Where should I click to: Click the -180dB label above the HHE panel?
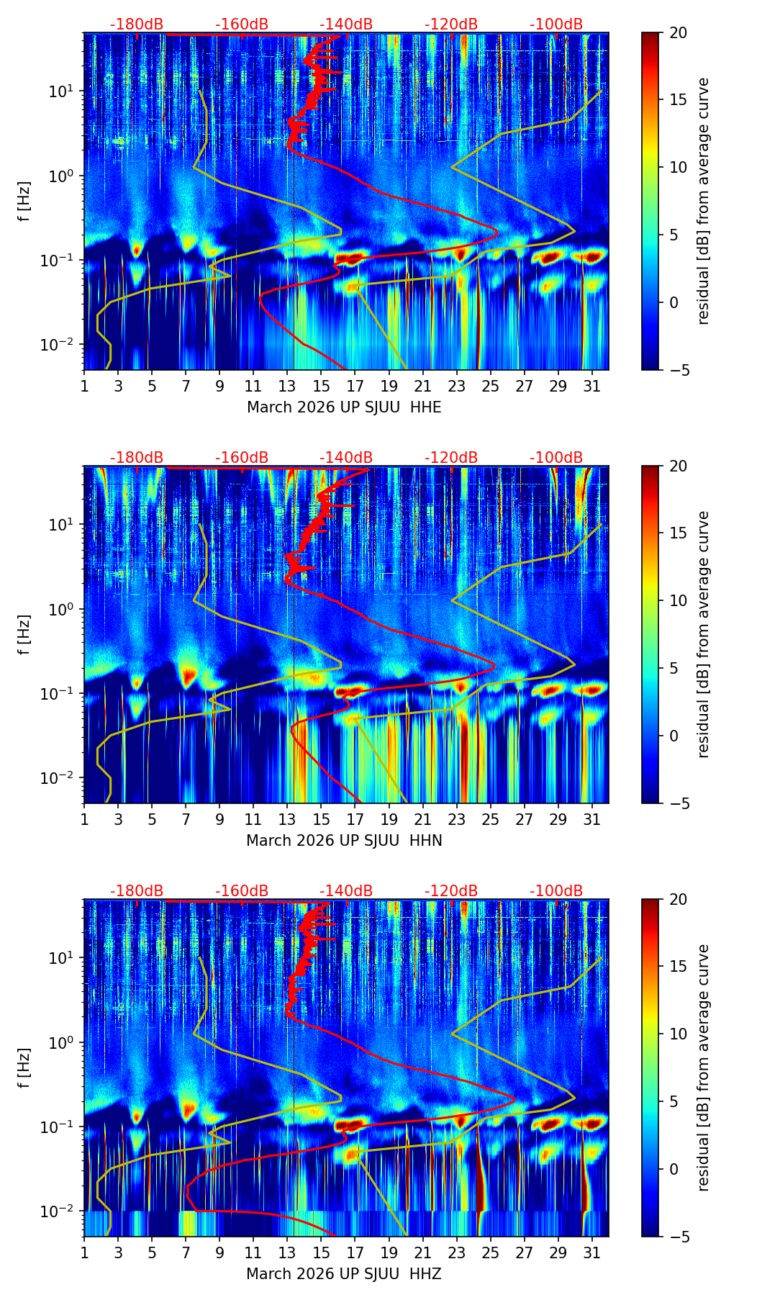pyautogui.click(x=137, y=24)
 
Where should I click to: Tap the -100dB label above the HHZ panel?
pyautogui.click(x=556, y=891)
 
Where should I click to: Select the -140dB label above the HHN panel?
pyautogui.click(x=346, y=458)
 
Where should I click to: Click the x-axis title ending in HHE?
pyautogui.click(x=344, y=407)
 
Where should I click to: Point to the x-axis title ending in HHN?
pyautogui.click(x=344, y=841)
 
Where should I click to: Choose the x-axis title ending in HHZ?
pyautogui.click(x=344, y=1274)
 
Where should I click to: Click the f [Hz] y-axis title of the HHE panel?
pyautogui.click(x=25, y=201)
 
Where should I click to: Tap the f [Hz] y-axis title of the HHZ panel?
pyautogui.click(x=25, y=1067)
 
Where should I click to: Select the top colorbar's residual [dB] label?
pyautogui.click(x=703, y=201)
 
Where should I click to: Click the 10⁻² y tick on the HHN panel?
pyautogui.click(x=61, y=777)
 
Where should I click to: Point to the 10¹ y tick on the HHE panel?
pyautogui.click(x=63, y=91)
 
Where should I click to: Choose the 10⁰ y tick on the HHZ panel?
pyautogui.click(x=63, y=1042)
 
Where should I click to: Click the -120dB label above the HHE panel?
pyautogui.click(x=451, y=24)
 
